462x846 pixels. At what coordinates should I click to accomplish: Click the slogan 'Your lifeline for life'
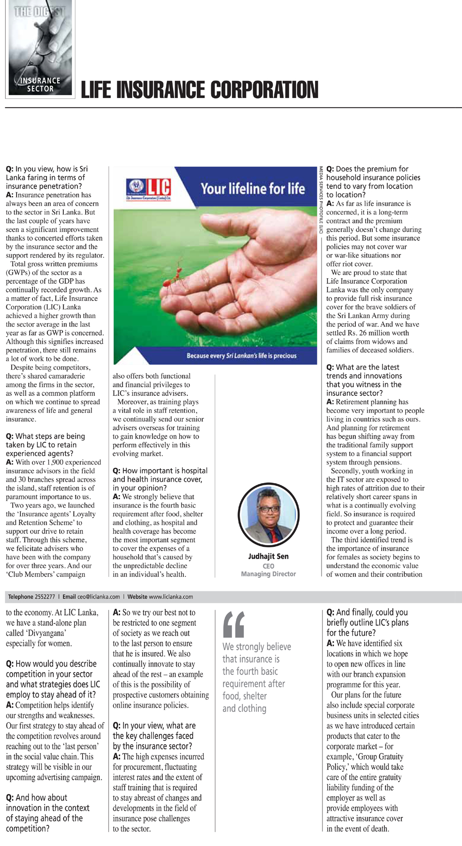pos(253,189)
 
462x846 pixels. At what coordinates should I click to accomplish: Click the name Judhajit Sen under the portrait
pos(268,557)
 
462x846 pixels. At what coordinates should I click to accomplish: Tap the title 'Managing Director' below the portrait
pos(268,574)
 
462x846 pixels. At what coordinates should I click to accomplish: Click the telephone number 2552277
pos(45,597)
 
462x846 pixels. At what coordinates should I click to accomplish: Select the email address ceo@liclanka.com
pos(98,597)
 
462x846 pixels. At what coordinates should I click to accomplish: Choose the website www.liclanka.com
pos(171,597)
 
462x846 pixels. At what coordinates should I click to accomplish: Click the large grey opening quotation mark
pos(234,624)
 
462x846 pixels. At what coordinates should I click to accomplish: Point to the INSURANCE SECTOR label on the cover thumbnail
pos(40,85)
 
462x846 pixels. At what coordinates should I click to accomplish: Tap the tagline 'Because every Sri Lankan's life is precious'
pos(241,356)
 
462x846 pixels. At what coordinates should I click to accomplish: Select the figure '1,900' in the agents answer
pos(57,462)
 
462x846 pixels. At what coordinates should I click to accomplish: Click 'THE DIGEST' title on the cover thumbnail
pos(40,12)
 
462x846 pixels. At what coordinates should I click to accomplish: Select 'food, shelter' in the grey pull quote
pos(245,696)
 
